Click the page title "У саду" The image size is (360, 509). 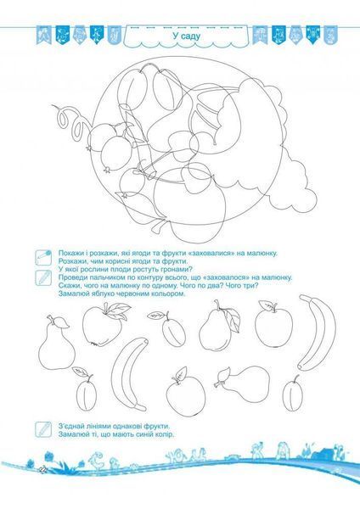click(x=187, y=36)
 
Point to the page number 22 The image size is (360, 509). click(x=42, y=469)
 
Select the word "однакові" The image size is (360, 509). click(x=125, y=426)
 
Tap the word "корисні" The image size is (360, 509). click(x=109, y=261)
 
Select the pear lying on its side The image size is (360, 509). click(x=244, y=383)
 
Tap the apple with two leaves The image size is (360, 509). click(x=103, y=325)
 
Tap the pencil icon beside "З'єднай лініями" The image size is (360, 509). click(x=43, y=429)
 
